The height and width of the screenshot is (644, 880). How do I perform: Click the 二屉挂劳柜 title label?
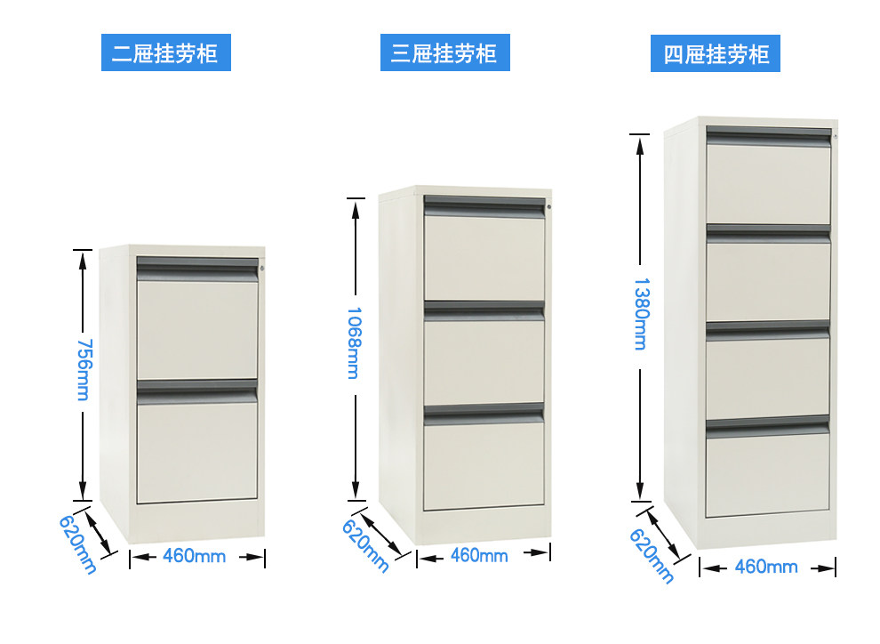point(164,53)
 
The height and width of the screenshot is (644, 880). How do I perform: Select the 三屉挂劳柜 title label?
point(444,53)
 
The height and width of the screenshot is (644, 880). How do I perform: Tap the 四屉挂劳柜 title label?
point(716,55)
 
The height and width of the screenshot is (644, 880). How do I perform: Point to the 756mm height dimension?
point(83,369)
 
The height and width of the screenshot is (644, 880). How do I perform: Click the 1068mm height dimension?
point(354,342)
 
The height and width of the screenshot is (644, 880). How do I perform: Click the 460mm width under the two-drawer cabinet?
point(194,557)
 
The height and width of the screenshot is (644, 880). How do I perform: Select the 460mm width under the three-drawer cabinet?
point(479,555)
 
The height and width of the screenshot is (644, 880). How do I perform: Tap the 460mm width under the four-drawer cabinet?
point(766,567)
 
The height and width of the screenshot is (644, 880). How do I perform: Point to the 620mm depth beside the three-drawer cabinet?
point(365,544)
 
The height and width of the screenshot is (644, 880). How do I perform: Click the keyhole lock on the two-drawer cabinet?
point(262,269)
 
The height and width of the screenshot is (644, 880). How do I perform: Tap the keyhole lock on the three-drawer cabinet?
point(549,208)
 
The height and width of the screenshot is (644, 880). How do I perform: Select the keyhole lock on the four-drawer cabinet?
point(836,138)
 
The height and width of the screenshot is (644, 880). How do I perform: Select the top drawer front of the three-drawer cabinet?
point(484,258)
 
